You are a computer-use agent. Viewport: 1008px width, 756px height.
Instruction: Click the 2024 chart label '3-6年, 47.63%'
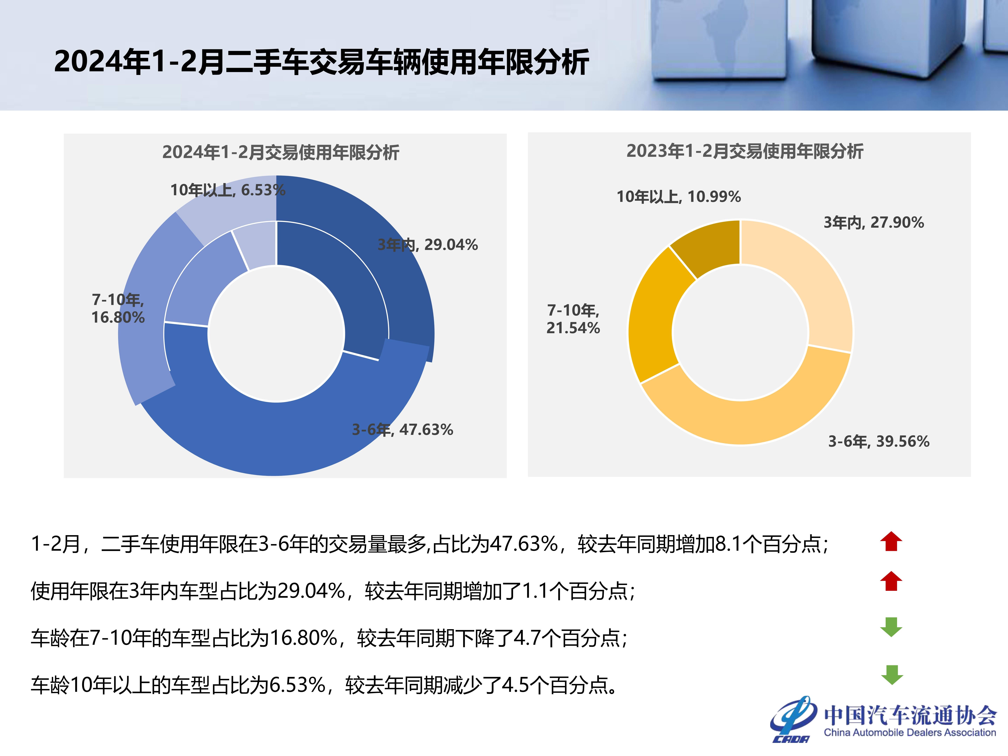click(x=402, y=429)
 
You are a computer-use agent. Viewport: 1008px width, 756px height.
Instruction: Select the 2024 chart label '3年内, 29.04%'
click(x=428, y=245)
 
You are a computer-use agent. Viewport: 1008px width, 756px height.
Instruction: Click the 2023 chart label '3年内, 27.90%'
click(x=874, y=222)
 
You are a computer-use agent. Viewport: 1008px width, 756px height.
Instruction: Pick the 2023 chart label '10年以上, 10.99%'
click(x=678, y=196)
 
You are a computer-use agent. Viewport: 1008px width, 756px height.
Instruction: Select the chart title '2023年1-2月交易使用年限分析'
click(x=745, y=151)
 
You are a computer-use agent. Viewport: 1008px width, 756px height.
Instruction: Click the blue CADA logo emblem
click(x=793, y=719)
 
